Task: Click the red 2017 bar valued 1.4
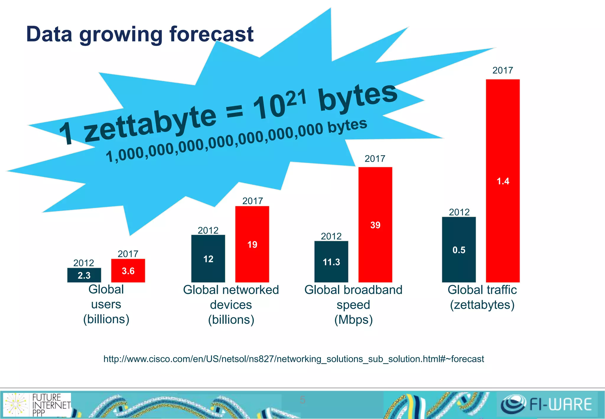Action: (503, 181)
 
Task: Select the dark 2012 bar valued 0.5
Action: (459, 250)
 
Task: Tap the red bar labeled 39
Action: (375, 225)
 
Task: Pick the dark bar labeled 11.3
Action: (331, 262)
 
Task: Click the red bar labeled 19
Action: (252, 244)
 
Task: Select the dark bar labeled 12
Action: (208, 259)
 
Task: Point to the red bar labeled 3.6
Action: (128, 271)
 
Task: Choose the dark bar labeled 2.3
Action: (84, 275)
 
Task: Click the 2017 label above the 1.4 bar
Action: (502, 70)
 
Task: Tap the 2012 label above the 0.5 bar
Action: (459, 212)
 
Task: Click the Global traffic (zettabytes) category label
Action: (482, 297)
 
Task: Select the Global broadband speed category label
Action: (353, 305)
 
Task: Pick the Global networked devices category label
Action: (231, 305)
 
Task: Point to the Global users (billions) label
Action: (106, 304)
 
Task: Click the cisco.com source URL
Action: (294, 359)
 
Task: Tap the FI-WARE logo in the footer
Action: (547, 404)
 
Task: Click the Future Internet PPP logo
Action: (37, 404)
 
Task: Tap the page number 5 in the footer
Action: (302, 400)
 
